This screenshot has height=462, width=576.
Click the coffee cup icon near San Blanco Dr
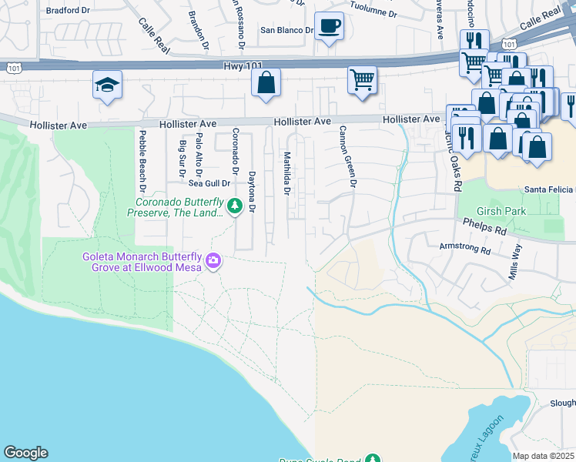(x=329, y=27)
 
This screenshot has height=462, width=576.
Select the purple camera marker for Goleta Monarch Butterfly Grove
(x=213, y=263)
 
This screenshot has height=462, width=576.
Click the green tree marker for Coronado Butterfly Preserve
(x=234, y=206)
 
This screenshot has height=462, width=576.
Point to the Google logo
(x=25, y=453)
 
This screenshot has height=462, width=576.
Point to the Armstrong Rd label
(x=464, y=249)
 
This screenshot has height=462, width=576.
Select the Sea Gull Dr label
(x=209, y=183)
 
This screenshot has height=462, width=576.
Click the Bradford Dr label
(x=68, y=11)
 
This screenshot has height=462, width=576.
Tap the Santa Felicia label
(x=549, y=189)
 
